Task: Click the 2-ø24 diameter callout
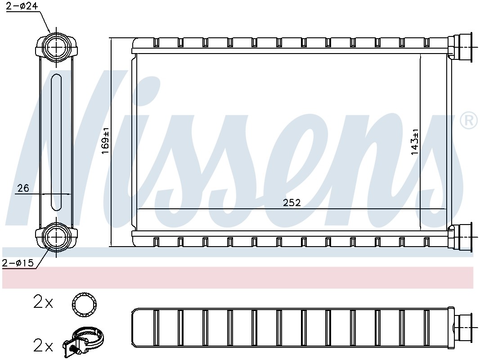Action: pyautogui.click(x=22, y=6)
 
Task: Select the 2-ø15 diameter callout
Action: pyautogui.click(x=18, y=263)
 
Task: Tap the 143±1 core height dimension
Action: pyautogui.click(x=415, y=142)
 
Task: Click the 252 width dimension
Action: pyautogui.click(x=292, y=202)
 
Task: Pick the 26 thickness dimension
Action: pyautogui.click(x=23, y=188)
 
